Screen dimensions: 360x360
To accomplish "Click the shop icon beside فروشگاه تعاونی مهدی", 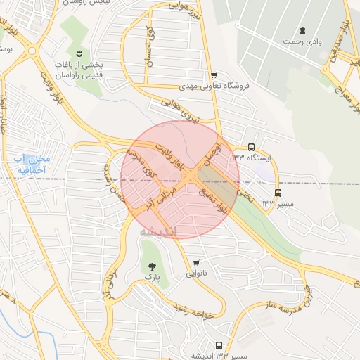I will (214, 75).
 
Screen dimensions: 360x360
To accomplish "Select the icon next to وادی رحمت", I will (302, 30).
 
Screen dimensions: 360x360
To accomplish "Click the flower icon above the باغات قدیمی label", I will (79, 54).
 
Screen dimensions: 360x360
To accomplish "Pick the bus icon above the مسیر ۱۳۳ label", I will (278, 192).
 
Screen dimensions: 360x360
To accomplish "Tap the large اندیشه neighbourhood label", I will (158, 231).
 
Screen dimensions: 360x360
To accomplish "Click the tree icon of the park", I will (153, 266).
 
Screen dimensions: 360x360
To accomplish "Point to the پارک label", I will (153, 278).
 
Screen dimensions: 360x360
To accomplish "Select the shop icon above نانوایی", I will (195, 263).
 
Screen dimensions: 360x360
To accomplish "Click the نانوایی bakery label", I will (195, 274).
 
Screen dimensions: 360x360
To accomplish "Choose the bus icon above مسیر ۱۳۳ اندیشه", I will (219, 346).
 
